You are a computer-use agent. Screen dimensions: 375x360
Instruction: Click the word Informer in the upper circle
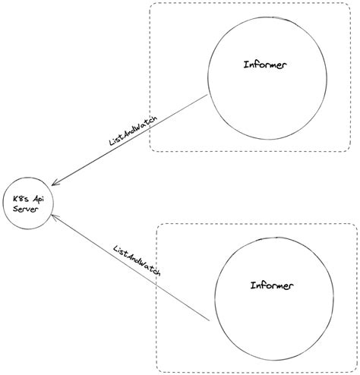pos(266,65)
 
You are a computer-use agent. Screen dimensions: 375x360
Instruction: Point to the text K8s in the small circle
pos(18,199)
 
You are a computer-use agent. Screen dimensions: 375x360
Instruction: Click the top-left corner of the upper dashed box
pos(150,5)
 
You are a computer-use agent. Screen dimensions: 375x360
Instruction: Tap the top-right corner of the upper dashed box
pos(350,5)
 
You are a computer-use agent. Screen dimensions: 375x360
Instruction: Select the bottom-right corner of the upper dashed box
pos(350,150)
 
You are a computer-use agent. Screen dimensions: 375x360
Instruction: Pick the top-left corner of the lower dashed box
pos(158,225)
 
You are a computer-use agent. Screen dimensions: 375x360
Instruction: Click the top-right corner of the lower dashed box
pos(355,225)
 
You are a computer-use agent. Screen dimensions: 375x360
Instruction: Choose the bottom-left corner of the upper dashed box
pos(150,150)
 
